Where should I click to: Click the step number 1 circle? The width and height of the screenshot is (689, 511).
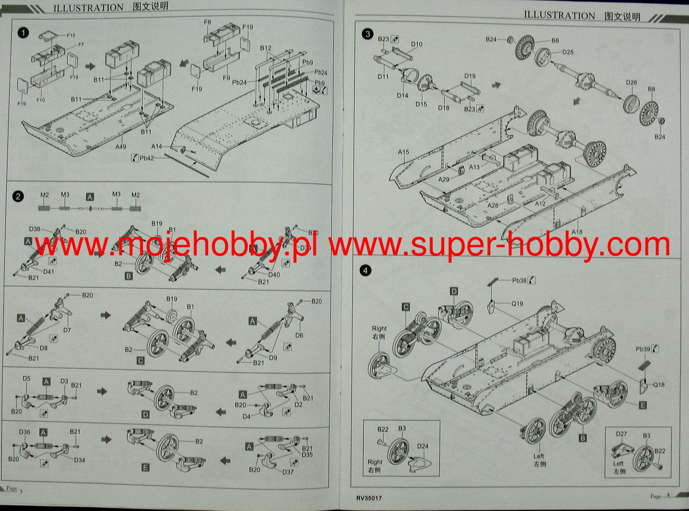tap(24, 33)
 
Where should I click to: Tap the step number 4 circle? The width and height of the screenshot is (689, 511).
tap(366, 271)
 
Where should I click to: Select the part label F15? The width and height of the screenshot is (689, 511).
tap(71, 35)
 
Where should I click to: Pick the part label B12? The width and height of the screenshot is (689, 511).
tap(265, 48)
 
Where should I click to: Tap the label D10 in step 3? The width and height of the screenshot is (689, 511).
tap(416, 44)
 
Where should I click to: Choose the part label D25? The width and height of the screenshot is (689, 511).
tap(568, 52)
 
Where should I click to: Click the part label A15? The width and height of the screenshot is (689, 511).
tap(403, 152)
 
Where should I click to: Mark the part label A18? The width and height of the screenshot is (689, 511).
tap(577, 232)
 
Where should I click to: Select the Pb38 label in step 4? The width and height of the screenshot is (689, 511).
tap(519, 280)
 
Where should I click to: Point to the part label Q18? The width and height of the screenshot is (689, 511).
tap(659, 385)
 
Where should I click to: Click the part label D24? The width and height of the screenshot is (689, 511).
tap(423, 446)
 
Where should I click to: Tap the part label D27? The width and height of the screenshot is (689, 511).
tap(621, 434)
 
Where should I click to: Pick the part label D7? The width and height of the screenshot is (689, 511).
tap(67, 330)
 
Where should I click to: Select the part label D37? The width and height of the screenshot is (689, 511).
tap(288, 472)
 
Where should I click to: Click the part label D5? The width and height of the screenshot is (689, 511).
tap(27, 379)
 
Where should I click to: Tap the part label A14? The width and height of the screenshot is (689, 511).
tap(156, 146)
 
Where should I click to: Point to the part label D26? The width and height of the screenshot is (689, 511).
tap(631, 82)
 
